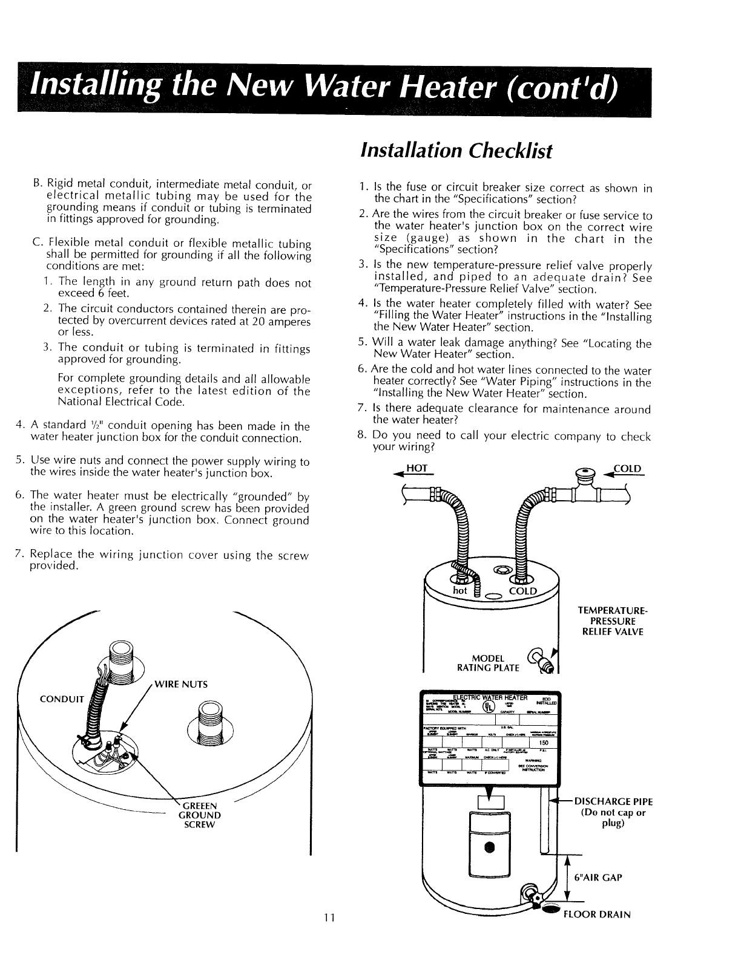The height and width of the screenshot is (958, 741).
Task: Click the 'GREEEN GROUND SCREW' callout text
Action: click(x=199, y=815)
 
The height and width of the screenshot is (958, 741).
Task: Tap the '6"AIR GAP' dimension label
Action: click(x=598, y=877)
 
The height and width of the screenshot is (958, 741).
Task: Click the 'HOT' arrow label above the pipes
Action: click(x=417, y=469)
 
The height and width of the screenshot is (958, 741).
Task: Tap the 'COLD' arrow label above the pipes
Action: click(x=627, y=469)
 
